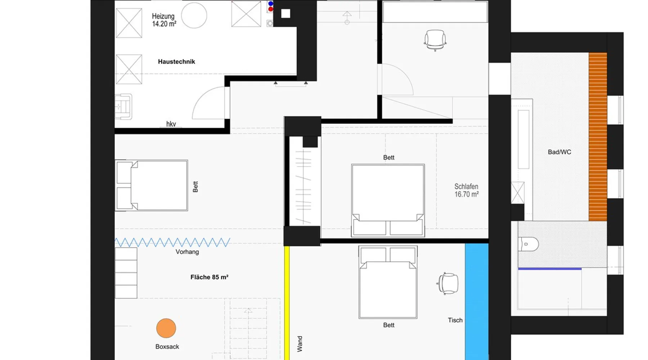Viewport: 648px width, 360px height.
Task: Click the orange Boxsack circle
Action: [166, 328]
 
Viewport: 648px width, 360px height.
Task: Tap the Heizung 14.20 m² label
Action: [164, 20]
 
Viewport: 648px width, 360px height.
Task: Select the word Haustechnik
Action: [176, 62]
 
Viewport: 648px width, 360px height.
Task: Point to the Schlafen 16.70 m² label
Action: [466, 190]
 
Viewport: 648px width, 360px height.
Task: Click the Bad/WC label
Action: [559, 152]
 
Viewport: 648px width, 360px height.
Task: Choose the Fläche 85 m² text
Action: [209, 277]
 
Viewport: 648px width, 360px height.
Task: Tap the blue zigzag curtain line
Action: [172, 242]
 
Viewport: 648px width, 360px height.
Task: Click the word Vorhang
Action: [187, 252]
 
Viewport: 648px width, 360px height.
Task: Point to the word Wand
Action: [300, 344]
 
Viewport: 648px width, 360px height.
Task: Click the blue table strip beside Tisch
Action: [477, 302]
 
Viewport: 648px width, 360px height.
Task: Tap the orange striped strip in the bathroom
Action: [598, 137]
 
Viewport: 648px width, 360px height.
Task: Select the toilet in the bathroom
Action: [528, 244]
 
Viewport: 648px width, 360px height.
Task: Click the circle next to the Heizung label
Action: [194, 15]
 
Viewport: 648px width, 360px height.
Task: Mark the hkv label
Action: [171, 124]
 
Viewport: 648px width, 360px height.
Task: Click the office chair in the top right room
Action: [435, 40]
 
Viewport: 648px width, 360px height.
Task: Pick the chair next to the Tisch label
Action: [447, 283]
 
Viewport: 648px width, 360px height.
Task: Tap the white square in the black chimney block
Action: [285, 13]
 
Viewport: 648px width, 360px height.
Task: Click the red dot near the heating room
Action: [271, 9]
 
